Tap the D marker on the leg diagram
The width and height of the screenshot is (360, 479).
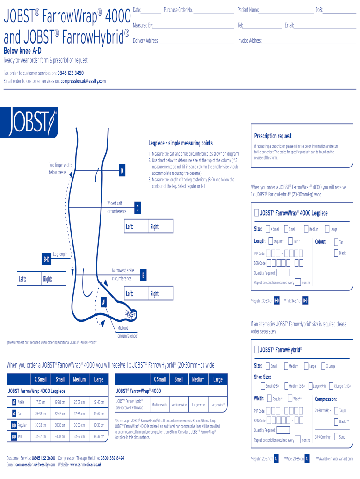pos(122,171)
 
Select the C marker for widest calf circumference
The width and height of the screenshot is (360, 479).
pos(137,208)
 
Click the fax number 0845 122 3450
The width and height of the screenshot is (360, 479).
pos(71,73)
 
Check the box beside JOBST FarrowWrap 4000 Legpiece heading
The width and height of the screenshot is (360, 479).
pos(256,213)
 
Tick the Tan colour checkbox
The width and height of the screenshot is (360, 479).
pos(336,241)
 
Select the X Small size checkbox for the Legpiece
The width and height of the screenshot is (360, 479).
pos(268,229)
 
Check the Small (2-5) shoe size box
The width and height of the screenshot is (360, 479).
pos(263,386)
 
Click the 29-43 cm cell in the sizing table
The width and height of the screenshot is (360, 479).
pos(99,402)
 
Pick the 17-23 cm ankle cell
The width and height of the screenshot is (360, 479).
pos(40,402)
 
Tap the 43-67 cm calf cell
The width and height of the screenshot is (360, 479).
pos(99,414)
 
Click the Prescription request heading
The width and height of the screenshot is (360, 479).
pos(273,136)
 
